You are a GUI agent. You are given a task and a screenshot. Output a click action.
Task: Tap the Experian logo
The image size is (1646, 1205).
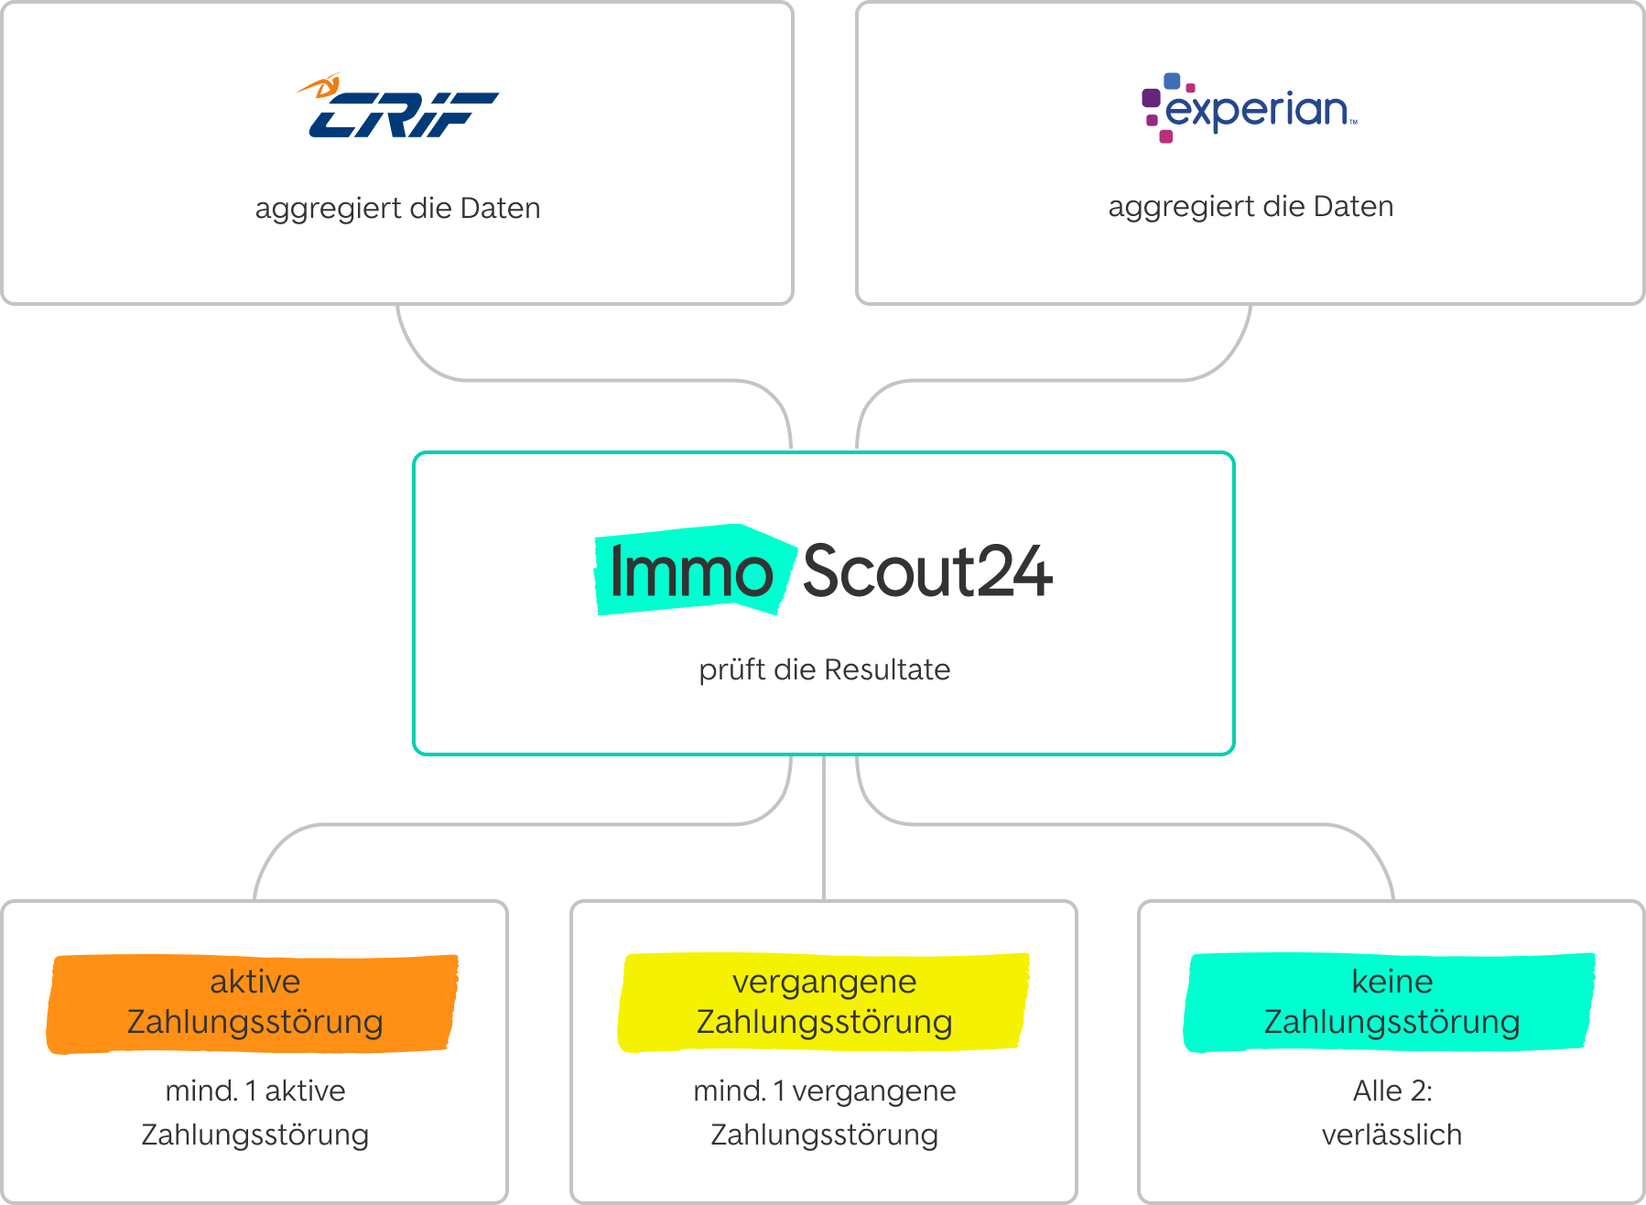[1250, 109]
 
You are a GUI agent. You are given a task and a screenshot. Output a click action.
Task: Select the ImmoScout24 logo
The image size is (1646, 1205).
[824, 570]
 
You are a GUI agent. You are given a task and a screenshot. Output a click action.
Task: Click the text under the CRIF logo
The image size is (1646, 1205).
[397, 208]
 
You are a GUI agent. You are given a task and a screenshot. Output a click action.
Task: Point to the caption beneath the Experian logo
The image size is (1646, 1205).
[1251, 206]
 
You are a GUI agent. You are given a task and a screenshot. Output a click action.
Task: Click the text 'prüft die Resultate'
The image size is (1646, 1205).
[824, 669]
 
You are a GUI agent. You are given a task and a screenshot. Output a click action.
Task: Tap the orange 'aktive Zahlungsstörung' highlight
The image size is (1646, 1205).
[254, 1003]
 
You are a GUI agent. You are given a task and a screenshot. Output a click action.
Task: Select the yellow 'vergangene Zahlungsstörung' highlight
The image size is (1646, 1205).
[824, 1002]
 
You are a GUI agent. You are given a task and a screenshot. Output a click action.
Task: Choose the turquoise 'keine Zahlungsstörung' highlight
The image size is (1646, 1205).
[1391, 1002]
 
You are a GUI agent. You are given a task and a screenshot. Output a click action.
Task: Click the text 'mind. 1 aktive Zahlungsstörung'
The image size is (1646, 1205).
[254, 1113]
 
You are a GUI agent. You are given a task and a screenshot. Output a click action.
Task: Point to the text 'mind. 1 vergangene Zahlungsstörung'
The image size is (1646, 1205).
[824, 1113]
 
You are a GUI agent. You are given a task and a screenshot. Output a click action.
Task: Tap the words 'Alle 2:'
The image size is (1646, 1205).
[1392, 1091]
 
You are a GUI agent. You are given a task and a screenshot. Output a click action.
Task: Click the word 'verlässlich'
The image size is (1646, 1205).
[1392, 1134]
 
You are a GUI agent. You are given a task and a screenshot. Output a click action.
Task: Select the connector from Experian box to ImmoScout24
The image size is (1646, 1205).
[1053, 380]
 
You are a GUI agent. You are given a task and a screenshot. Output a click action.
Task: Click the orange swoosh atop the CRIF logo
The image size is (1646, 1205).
[320, 87]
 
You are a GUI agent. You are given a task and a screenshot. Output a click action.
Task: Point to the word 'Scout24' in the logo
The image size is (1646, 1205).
[926, 572]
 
